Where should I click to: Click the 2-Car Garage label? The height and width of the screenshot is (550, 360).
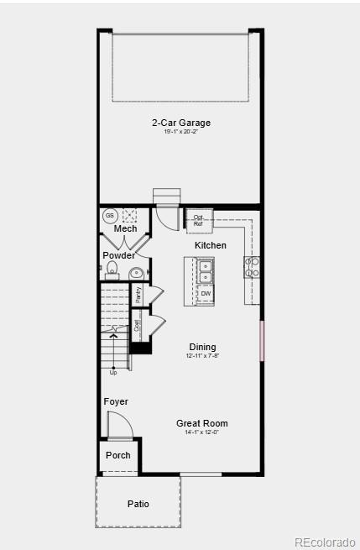(181, 123)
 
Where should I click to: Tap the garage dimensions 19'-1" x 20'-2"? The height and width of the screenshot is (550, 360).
(181, 132)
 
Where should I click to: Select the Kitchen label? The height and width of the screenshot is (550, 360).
(211, 245)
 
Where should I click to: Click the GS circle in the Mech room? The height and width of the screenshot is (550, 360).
(110, 216)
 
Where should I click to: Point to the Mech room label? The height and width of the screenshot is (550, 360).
(125, 228)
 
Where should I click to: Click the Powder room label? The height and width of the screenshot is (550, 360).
(118, 255)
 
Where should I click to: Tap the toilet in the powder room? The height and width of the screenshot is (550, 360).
(111, 270)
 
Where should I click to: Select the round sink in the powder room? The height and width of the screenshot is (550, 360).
(136, 272)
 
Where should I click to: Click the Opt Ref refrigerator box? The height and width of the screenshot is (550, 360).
(199, 220)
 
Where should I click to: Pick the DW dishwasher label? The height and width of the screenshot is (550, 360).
(206, 293)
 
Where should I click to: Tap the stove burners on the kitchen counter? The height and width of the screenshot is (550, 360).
(253, 267)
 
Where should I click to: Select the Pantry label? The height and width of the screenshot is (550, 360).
(139, 294)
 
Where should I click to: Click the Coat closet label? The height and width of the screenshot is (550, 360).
(138, 326)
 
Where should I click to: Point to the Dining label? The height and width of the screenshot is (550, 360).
(202, 347)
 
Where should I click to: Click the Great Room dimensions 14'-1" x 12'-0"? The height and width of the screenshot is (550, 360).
(202, 432)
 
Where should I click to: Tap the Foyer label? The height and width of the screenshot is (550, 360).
(116, 401)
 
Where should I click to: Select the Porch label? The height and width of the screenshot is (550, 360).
(118, 455)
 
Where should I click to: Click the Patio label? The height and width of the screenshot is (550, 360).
(138, 504)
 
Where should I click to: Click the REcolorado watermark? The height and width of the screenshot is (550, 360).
(325, 542)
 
